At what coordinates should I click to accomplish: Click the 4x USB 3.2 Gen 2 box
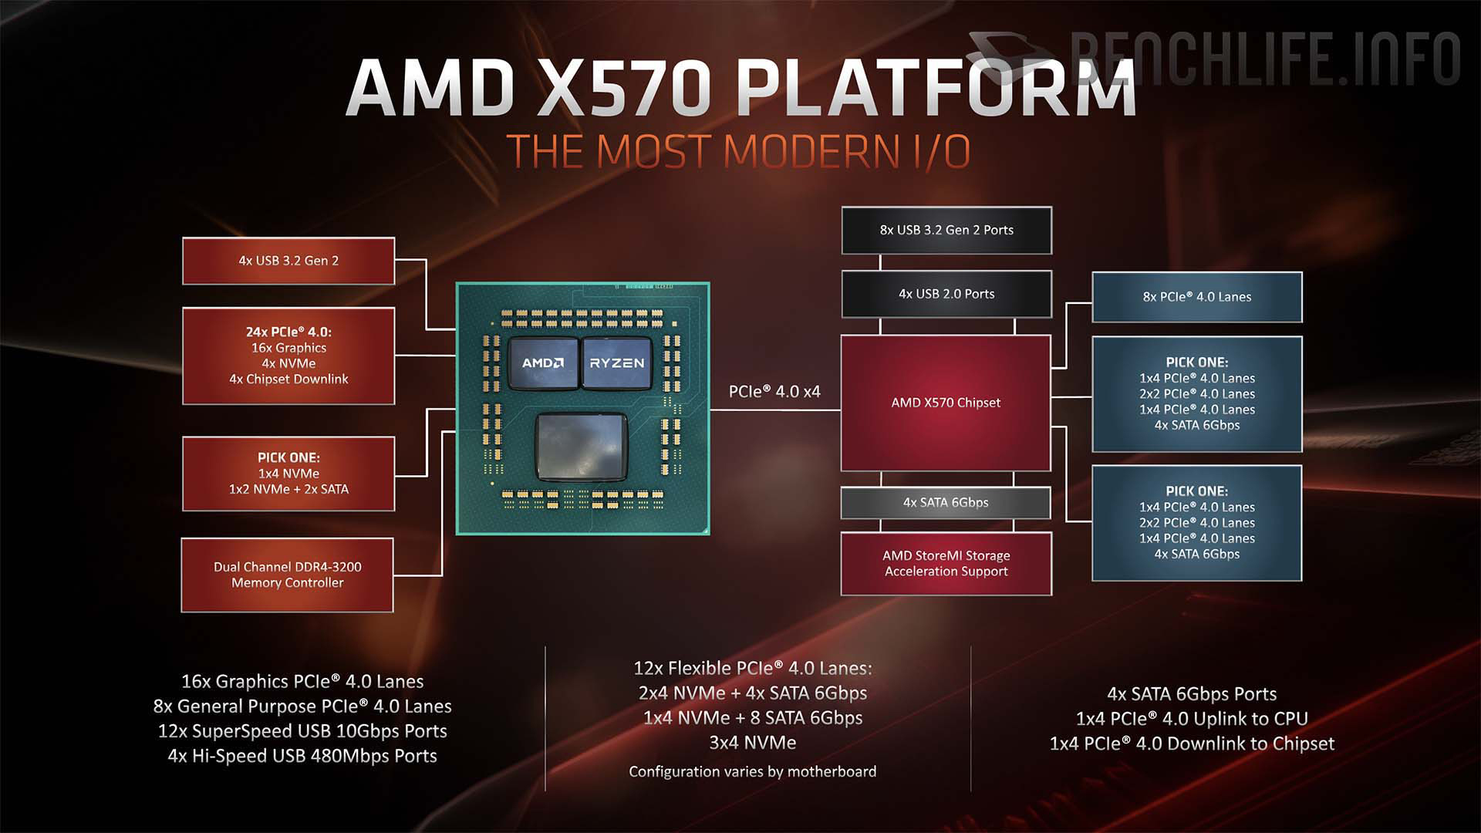(x=288, y=261)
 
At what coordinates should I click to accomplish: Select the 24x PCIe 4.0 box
(x=288, y=356)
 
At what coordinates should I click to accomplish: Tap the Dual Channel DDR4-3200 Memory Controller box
(x=288, y=575)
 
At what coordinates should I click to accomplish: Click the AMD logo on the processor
(x=543, y=363)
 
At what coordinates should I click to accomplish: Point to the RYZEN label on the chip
(x=617, y=363)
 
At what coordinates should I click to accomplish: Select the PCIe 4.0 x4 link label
(x=774, y=391)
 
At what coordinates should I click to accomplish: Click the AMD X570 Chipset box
(x=946, y=403)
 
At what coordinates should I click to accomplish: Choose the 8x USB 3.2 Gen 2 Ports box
(x=946, y=230)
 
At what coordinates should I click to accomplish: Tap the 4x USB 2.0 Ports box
(x=946, y=294)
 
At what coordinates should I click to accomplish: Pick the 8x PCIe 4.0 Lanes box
(x=1197, y=297)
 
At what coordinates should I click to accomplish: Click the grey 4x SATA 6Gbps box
(x=946, y=503)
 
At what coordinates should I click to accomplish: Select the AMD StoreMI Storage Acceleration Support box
(x=946, y=564)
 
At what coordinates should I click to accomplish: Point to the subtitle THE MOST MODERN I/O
(x=738, y=151)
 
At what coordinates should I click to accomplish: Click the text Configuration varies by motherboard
(x=752, y=771)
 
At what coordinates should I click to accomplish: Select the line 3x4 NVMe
(x=752, y=743)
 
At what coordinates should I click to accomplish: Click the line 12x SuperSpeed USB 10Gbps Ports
(x=302, y=731)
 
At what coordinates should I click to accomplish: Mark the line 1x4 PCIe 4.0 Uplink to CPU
(x=1192, y=719)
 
